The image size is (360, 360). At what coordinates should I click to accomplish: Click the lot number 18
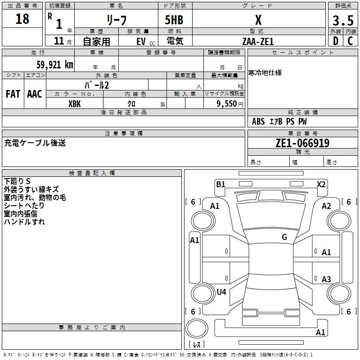(22, 19)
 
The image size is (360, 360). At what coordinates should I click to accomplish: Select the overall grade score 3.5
(342, 20)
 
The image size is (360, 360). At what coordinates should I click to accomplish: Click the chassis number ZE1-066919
(302, 143)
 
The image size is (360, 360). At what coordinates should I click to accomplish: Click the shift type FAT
(13, 94)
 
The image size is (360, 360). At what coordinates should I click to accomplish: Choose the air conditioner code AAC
(35, 94)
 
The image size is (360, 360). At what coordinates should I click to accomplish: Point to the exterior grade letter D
(335, 41)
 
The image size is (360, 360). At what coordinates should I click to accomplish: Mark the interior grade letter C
(350, 41)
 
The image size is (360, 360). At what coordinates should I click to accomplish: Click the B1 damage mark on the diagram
(220, 184)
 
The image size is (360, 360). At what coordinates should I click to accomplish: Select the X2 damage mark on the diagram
(321, 184)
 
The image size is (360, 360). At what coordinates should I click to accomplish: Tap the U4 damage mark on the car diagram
(221, 292)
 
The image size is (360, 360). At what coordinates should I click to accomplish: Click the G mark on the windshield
(284, 237)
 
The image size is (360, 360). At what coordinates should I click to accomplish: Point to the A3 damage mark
(326, 279)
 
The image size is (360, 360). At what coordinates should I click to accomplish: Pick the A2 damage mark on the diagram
(326, 206)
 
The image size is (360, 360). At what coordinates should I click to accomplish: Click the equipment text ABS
(258, 121)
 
